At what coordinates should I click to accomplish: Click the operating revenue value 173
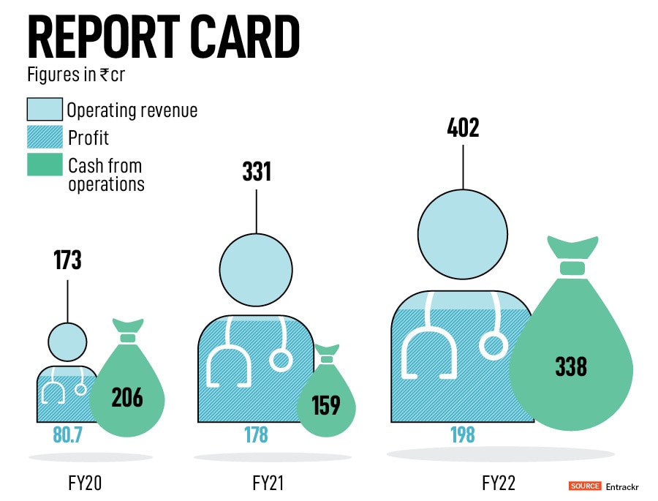[x=67, y=260]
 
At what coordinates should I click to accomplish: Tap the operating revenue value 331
[x=257, y=172]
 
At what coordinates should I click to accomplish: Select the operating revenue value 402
[x=463, y=128]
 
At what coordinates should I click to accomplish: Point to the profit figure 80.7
[x=67, y=435]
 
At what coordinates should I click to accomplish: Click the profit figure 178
[x=256, y=435]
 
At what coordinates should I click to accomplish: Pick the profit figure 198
[x=462, y=435]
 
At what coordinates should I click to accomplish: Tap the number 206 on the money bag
[x=127, y=397]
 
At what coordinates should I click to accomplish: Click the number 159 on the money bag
[x=325, y=404]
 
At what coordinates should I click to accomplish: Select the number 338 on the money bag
[x=571, y=365]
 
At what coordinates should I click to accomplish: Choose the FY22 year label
[x=500, y=483]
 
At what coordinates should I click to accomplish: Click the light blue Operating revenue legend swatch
[x=45, y=110]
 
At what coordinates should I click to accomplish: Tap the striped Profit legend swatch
[x=45, y=137]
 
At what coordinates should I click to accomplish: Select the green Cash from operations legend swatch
[x=45, y=165]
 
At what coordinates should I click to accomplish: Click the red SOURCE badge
[x=585, y=486]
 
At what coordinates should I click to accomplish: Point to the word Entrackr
[x=622, y=486]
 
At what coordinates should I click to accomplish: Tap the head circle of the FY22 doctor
[x=463, y=234]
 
